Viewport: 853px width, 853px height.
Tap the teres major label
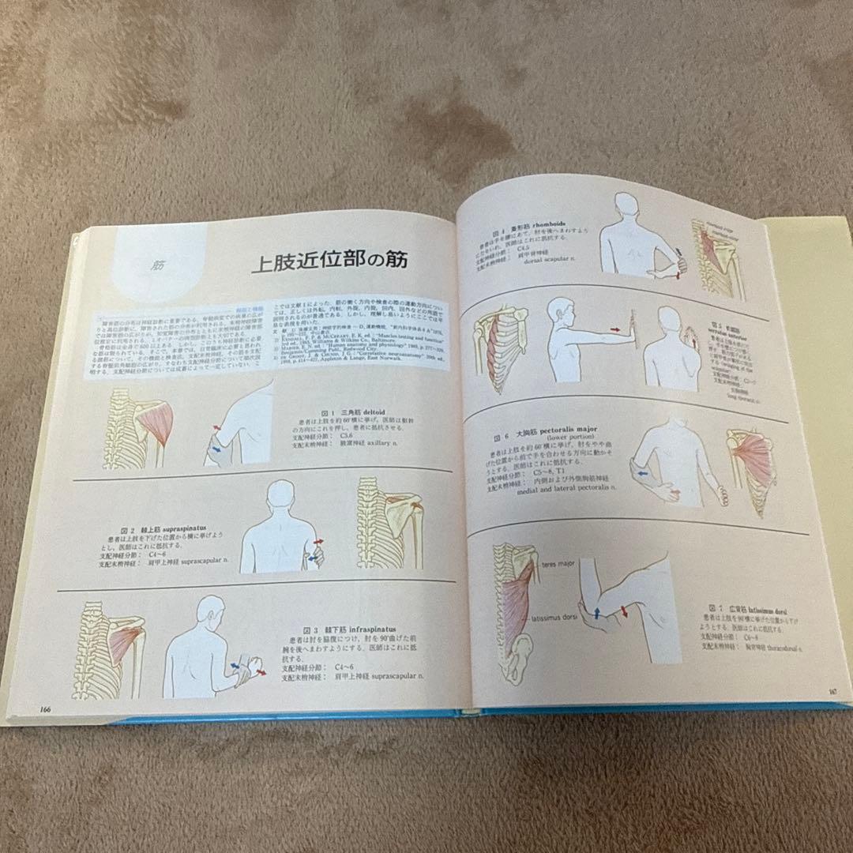tap(557, 565)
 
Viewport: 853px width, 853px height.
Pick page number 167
tap(832, 693)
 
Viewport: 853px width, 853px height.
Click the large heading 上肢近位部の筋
tap(329, 261)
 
